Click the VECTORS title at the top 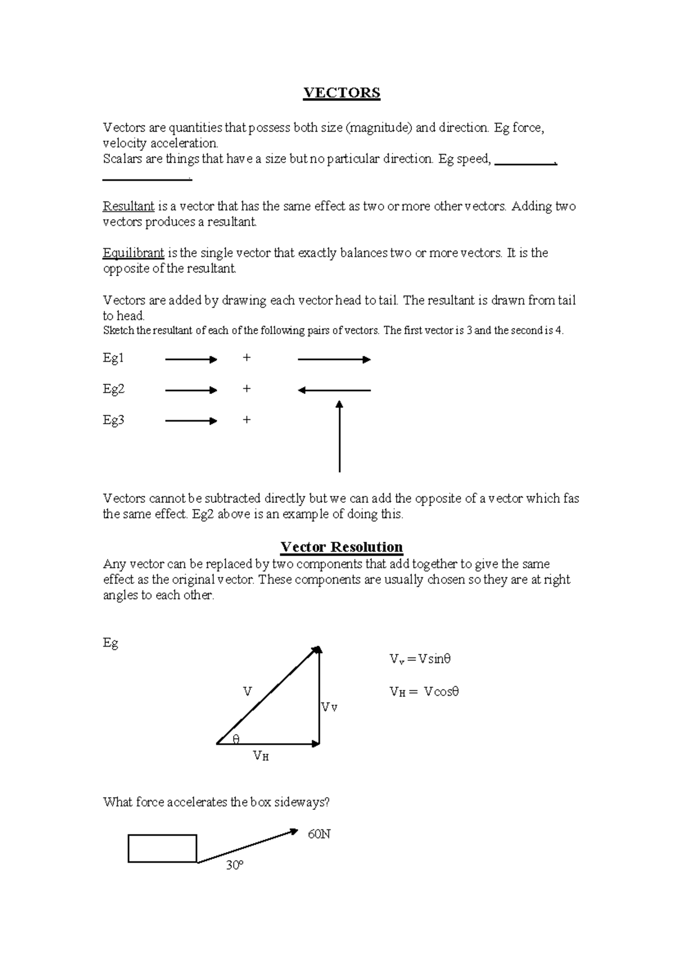[341, 93]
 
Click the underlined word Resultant [128, 207]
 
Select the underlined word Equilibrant [133, 253]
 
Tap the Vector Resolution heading [341, 547]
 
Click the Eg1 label [113, 358]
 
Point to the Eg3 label [113, 420]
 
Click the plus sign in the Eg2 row [246, 389]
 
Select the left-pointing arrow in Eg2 [334, 390]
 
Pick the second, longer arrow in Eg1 [334, 359]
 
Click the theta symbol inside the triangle [236, 739]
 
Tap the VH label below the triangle [261, 756]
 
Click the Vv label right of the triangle [329, 708]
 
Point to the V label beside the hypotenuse [247, 691]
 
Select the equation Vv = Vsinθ [420, 659]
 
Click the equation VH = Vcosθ [424, 692]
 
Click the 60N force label [319, 834]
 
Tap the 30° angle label [234, 865]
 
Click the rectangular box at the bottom [162, 848]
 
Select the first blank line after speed [525, 164]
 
